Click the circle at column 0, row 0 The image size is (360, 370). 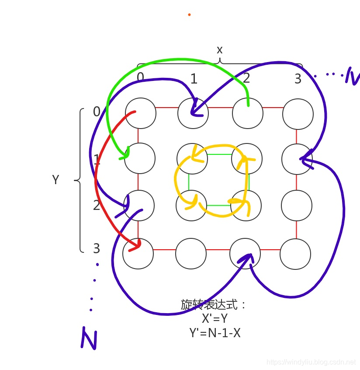pos(140,113)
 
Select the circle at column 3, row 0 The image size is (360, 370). pos(298,114)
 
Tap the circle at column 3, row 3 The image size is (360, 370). pos(295,254)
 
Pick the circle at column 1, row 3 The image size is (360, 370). pos(191,253)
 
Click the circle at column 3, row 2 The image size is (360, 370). pos(297,205)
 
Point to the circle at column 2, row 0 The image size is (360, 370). pos(248,113)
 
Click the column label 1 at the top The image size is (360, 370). pos(194,79)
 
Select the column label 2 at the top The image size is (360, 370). pos(246,78)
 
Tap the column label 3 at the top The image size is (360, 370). pos(298,79)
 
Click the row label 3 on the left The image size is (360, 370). pos(97,248)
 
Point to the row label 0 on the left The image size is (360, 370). pos(97,112)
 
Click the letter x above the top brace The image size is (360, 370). pos(220,50)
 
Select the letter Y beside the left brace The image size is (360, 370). pos(55,180)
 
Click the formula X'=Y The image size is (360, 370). pos(215,318)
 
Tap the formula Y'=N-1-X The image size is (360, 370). pos(215,333)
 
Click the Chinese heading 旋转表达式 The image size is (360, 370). pos(214,304)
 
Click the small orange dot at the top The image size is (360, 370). pos(189,14)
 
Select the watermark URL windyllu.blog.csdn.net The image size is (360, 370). pos(311,362)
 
